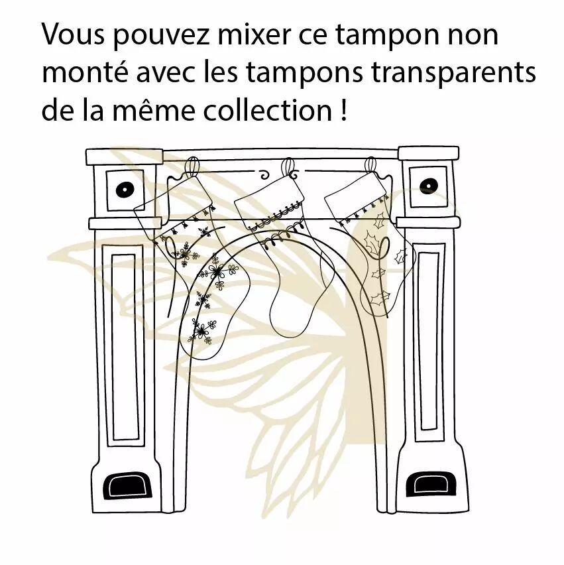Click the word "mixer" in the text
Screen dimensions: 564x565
click(253, 34)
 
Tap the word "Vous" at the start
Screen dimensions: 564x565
click(73, 34)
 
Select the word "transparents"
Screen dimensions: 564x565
click(453, 73)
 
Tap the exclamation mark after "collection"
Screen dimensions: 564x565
click(343, 110)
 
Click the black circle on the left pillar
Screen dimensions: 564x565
click(125, 190)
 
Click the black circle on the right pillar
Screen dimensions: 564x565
click(429, 186)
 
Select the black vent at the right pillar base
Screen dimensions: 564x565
click(431, 484)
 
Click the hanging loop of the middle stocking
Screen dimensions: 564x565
click(288, 168)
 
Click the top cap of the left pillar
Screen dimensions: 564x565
click(124, 157)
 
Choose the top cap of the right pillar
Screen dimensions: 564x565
click(429, 153)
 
